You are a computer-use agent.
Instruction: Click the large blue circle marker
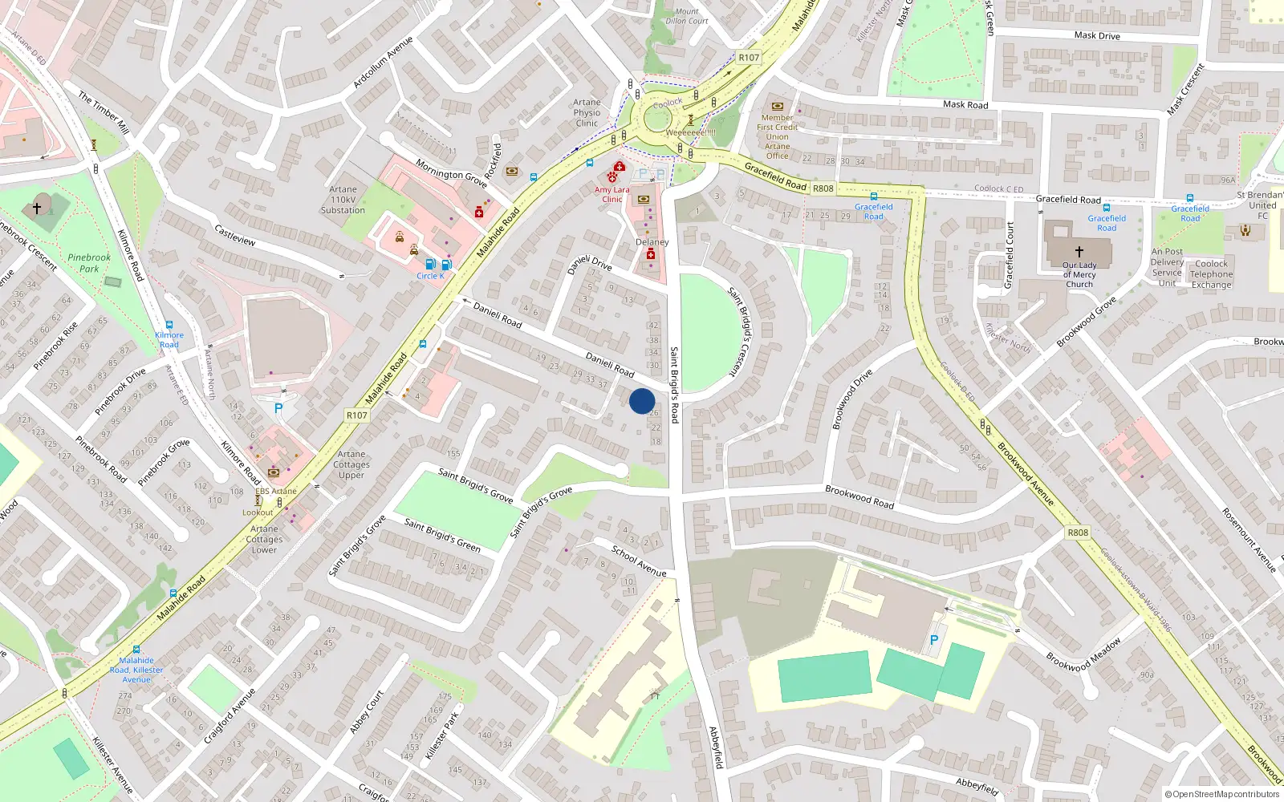tap(642, 401)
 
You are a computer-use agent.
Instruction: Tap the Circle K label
tap(430, 276)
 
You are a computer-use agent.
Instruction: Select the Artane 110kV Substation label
tap(343, 200)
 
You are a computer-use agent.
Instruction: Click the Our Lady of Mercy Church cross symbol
tap(1079, 251)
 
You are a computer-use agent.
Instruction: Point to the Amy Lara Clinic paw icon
tap(612, 176)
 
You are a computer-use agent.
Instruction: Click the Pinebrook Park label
tap(89, 263)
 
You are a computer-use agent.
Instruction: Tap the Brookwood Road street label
tap(859, 496)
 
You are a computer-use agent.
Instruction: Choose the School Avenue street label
tap(639, 561)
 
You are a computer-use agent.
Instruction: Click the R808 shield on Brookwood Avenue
tap(1078, 533)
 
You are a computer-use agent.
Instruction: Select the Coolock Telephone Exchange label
tap(1211, 273)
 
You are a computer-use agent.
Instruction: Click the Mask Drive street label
tap(1097, 35)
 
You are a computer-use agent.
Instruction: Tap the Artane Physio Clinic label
tap(587, 112)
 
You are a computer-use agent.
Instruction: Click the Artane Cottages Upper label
tap(351, 464)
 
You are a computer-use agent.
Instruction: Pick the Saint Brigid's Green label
tap(442, 536)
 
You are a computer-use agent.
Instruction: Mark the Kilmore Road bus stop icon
tap(169, 326)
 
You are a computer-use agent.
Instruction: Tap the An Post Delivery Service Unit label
tap(1167, 267)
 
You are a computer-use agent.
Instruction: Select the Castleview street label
tap(235, 235)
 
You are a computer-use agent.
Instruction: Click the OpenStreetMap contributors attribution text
tap(1221, 794)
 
